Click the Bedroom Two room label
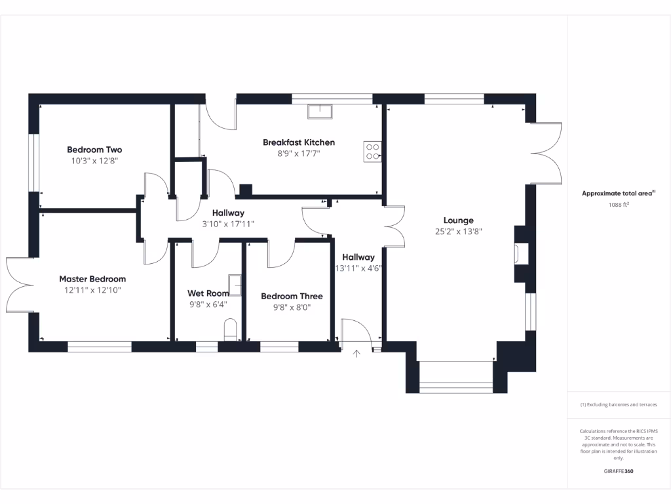[94, 150]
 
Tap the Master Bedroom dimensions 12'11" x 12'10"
[92, 289]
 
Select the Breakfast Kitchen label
[299, 142]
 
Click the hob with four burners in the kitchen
[373, 152]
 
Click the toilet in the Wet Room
[230, 329]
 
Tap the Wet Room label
[208, 293]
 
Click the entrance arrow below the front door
[356, 354]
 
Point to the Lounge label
[458, 220]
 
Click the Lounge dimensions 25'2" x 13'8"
[458, 231]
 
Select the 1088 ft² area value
[619, 205]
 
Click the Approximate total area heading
[618, 194]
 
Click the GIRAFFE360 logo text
[619, 471]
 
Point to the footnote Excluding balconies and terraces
[619, 405]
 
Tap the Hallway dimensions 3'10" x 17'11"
[228, 224]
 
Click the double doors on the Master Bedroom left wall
[18, 285]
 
